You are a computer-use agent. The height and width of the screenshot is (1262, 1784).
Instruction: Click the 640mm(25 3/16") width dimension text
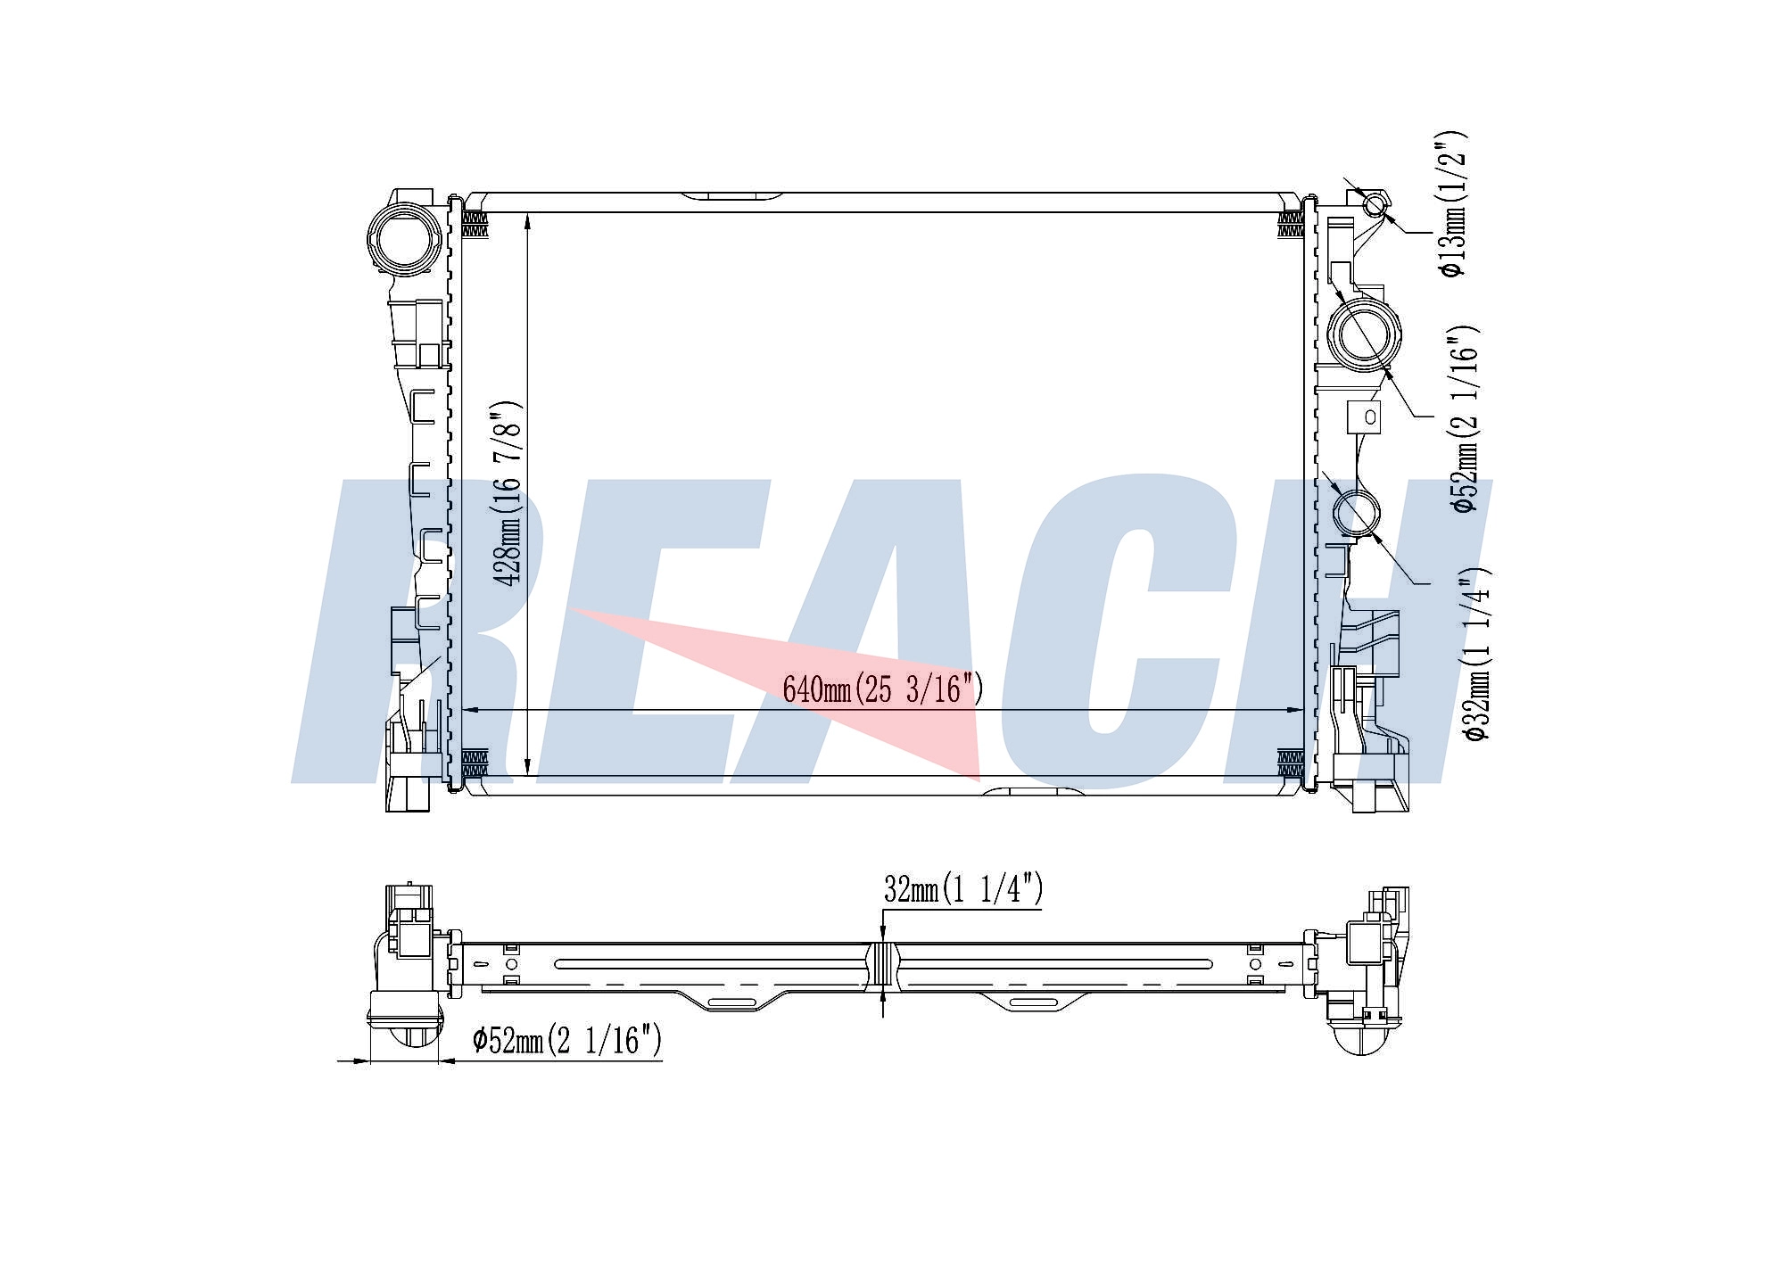[x=882, y=689]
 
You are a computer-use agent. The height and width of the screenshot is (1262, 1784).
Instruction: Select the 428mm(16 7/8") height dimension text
[x=508, y=493]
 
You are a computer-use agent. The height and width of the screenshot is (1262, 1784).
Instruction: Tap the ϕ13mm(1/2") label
[x=1452, y=203]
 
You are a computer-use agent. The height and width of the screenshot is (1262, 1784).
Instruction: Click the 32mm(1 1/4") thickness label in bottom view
[x=963, y=888]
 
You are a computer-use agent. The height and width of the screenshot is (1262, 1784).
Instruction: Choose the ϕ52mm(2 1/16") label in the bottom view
[x=567, y=1040]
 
